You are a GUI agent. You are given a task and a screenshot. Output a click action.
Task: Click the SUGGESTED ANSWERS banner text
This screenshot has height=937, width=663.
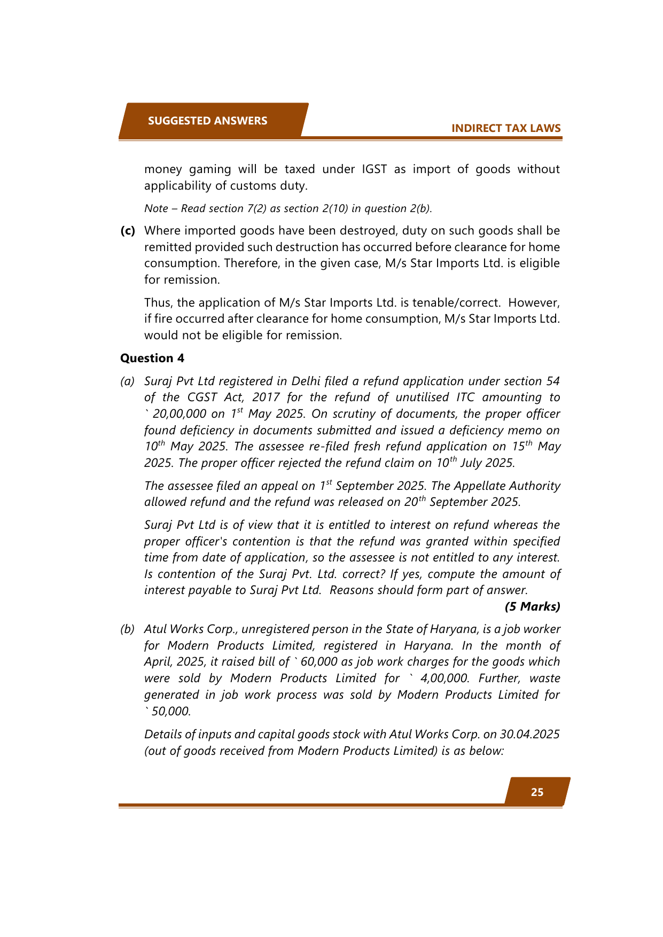point(207,121)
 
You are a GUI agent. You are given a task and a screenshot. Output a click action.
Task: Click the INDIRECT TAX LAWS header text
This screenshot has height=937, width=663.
point(505,128)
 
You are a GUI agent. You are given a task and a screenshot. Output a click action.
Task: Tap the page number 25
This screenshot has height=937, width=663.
point(537,792)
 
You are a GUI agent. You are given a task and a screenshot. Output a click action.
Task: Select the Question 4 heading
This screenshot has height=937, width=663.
point(152,358)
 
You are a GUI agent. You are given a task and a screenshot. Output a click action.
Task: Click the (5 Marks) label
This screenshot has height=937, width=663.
point(532,606)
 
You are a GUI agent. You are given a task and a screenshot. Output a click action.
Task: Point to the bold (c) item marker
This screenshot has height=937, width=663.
point(128,231)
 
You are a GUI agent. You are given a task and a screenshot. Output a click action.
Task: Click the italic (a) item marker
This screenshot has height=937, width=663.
point(127,381)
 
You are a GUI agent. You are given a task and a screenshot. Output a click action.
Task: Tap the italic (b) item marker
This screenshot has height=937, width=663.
point(127,629)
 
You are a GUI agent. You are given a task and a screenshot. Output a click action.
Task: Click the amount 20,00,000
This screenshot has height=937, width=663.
point(180,414)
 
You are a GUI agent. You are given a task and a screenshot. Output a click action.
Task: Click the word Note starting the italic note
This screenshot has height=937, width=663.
point(156,209)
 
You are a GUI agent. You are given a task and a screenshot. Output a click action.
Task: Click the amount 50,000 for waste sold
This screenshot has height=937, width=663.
point(170,712)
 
